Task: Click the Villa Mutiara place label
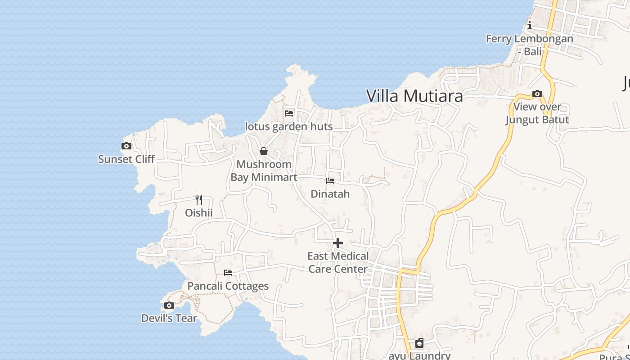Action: pos(414,96)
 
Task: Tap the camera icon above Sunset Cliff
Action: pos(126,146)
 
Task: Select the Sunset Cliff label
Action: pos(126,159)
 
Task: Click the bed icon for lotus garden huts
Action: pos(289,113)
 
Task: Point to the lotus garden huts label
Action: pos(289,126)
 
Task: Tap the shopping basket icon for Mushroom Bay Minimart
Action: pos(264,151)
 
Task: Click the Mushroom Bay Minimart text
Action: pos(264,171)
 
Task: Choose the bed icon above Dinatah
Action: pos(330,181)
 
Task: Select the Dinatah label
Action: pos(330,194)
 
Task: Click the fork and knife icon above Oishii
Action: pos(198,199)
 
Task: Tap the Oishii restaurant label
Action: pos(198,212)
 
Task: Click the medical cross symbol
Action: pos(338,243)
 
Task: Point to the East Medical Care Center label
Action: pos(338,262)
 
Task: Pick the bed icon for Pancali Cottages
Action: pos(228,273)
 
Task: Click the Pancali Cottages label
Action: pos(228,286)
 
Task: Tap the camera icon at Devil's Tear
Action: pos(169,306)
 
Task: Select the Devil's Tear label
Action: pos(169,318)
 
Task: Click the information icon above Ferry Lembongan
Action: pos(530,25)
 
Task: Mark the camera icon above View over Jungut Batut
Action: pos(537,94)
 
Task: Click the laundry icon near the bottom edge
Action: pos(419,343)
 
